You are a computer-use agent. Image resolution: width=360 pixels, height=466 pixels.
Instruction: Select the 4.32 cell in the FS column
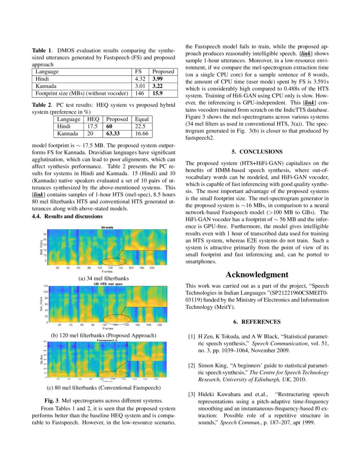(x=140, y=79)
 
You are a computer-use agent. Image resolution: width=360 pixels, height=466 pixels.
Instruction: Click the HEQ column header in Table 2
(x=93, y=119)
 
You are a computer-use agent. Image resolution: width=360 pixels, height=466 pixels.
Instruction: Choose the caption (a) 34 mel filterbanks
(x=104, y=278)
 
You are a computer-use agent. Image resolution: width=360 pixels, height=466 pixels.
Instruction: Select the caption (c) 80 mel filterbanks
(x=104, y=388)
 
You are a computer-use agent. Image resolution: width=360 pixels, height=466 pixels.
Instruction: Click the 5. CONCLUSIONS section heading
(x=257, y=151)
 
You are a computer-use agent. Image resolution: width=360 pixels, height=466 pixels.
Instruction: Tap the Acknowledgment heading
(x=257, y=275)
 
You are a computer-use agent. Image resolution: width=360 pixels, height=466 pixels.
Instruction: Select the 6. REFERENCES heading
(x=257, y=322)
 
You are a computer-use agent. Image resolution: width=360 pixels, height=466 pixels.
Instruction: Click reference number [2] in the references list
(x=191, y=365)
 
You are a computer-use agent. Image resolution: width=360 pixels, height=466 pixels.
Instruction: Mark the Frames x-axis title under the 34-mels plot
(x=107, y=272)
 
